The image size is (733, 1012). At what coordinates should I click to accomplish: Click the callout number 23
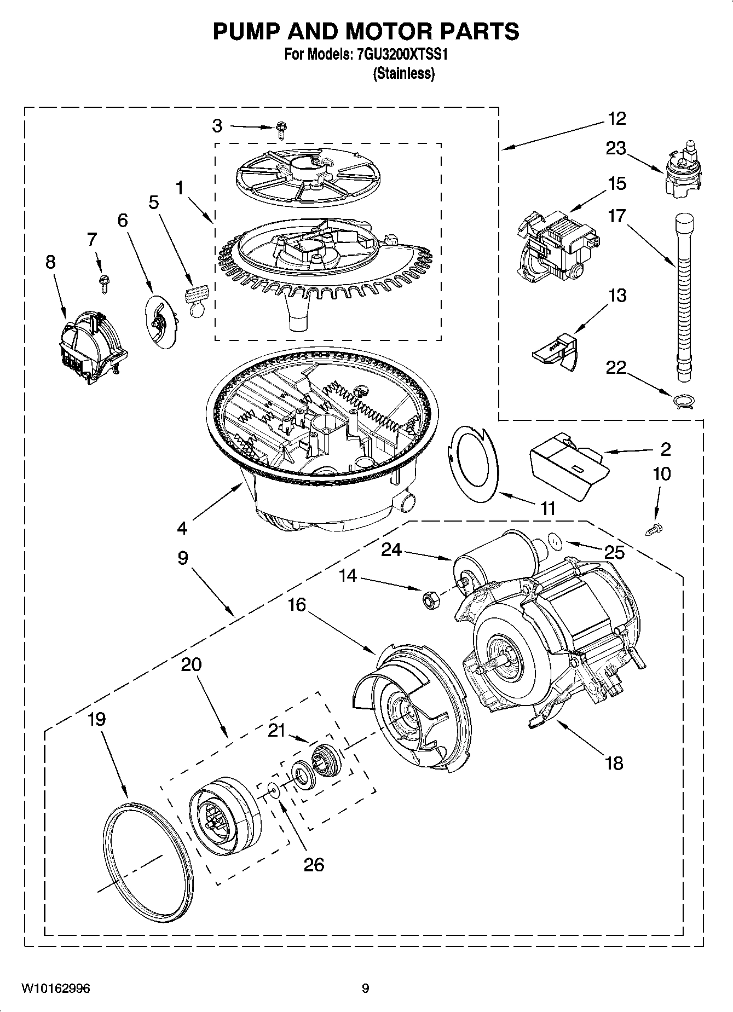click(616, 148)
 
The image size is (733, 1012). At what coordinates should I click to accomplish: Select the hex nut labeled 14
click(429, 600)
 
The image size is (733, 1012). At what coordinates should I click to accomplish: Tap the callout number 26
click(314, 865)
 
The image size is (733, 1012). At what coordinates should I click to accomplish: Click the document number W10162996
click(56, 988)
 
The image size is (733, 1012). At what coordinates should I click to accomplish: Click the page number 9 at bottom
click(366, 988)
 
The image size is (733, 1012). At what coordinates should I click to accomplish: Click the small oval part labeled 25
click(555, 542)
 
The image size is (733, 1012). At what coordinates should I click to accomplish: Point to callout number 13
click(617, 296)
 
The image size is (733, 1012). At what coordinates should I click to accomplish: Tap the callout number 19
click(96, 719)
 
